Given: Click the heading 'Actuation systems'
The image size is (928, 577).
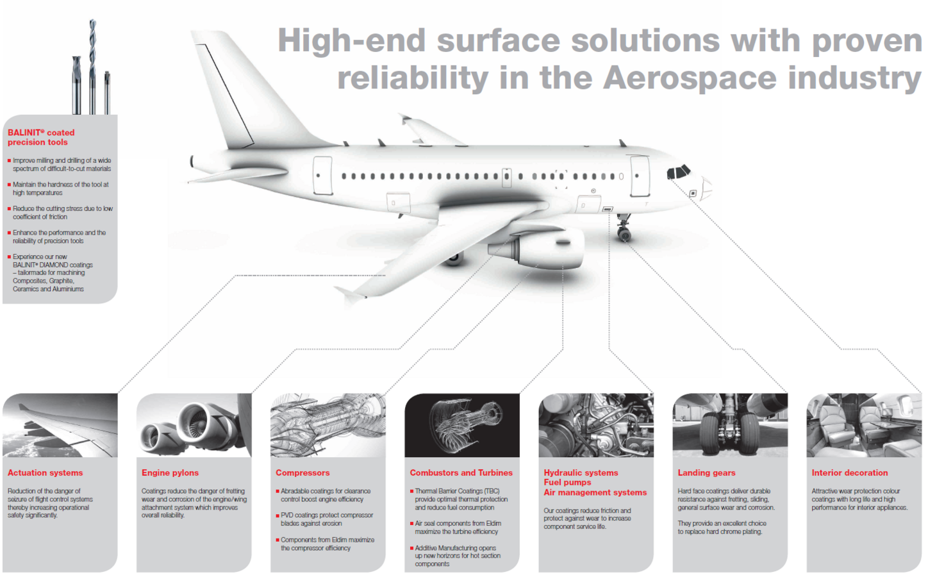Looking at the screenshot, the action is (45, 472).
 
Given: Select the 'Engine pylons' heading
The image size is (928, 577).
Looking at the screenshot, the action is (170, 472).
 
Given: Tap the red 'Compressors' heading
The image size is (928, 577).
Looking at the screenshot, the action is (302, 472).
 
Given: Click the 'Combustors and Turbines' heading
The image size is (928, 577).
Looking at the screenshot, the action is (461, 472).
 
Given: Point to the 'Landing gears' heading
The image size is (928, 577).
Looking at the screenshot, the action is (706, 472).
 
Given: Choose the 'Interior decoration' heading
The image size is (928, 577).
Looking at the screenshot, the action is (850, 472).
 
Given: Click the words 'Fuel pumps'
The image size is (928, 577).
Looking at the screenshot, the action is (567, 483).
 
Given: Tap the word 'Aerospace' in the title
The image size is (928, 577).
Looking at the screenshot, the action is (689, 78).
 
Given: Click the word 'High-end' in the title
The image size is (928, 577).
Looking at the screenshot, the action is (352, 41).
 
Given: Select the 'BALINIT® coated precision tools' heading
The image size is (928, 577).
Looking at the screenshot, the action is (41, 137).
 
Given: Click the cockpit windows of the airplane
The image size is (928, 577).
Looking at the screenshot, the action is (678, 172).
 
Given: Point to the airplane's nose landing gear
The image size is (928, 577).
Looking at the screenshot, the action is (624, 228).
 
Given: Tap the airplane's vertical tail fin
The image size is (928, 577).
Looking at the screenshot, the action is (249, 89).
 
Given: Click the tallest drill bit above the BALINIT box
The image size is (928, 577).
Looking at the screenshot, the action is (92, 66).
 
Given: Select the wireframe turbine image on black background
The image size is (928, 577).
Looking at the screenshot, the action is (462, 425).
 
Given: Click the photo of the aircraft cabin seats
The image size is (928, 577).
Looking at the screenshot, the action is (864, 425).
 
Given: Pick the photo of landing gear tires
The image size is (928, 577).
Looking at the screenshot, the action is (730, 425).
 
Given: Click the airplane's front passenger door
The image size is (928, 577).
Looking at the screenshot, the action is (640, 176).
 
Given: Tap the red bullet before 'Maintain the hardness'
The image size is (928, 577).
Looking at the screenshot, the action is (9, 185).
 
